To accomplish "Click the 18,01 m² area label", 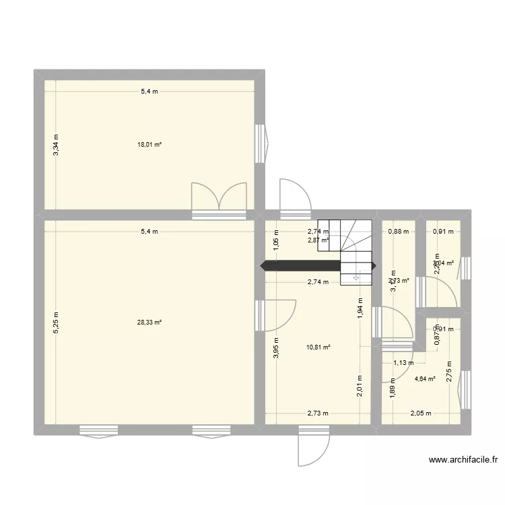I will [x=149, y=144].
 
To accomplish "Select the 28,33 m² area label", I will [x=149, y=323].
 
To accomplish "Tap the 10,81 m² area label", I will [x=318, y=347].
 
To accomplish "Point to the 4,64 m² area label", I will [x=425, y=378].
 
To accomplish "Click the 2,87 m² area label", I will [x=318, y=240].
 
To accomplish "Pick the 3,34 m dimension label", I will [x=57, y=144].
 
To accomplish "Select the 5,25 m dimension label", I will [x=57, y=323].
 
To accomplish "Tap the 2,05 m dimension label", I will [x=422, y=413].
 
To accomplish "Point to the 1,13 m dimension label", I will [x=403, y=363].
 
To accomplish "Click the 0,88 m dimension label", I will [x=399, y=232].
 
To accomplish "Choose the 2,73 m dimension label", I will [x=318, y=413].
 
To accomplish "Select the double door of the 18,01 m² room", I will [x=219, y=199].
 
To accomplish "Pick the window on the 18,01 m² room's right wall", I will [x=260, y=143].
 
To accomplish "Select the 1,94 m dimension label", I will [x=360, y=310].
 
